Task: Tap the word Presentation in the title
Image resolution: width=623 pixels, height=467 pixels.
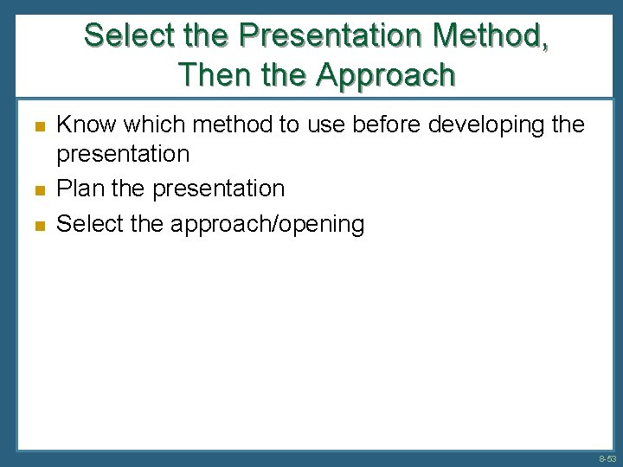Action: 335,36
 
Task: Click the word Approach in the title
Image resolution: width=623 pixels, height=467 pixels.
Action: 385,75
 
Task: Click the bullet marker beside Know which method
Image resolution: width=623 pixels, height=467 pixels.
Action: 38,127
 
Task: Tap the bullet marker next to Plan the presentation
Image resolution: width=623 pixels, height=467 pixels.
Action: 38,189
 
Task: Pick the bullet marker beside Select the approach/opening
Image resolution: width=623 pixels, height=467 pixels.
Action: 38,225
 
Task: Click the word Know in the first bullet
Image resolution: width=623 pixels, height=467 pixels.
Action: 86,125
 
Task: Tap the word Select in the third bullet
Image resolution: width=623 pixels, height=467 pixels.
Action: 88,224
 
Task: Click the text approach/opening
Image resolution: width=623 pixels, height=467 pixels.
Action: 267,224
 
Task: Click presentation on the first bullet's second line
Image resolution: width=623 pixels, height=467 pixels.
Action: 123,155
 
